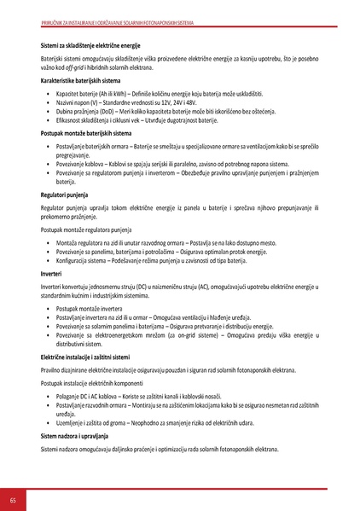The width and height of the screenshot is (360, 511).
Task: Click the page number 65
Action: (12, 498)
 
